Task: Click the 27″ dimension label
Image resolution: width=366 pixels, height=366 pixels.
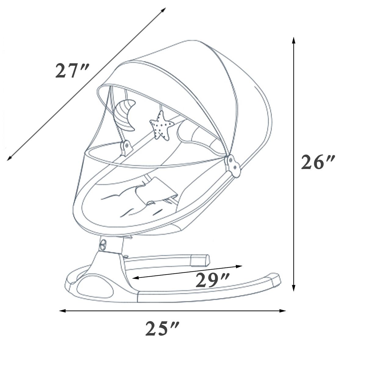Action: pos(72,71)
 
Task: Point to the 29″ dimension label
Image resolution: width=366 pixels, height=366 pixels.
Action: pos(212,280)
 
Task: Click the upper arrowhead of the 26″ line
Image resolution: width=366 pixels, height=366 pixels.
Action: pos(294,40)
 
